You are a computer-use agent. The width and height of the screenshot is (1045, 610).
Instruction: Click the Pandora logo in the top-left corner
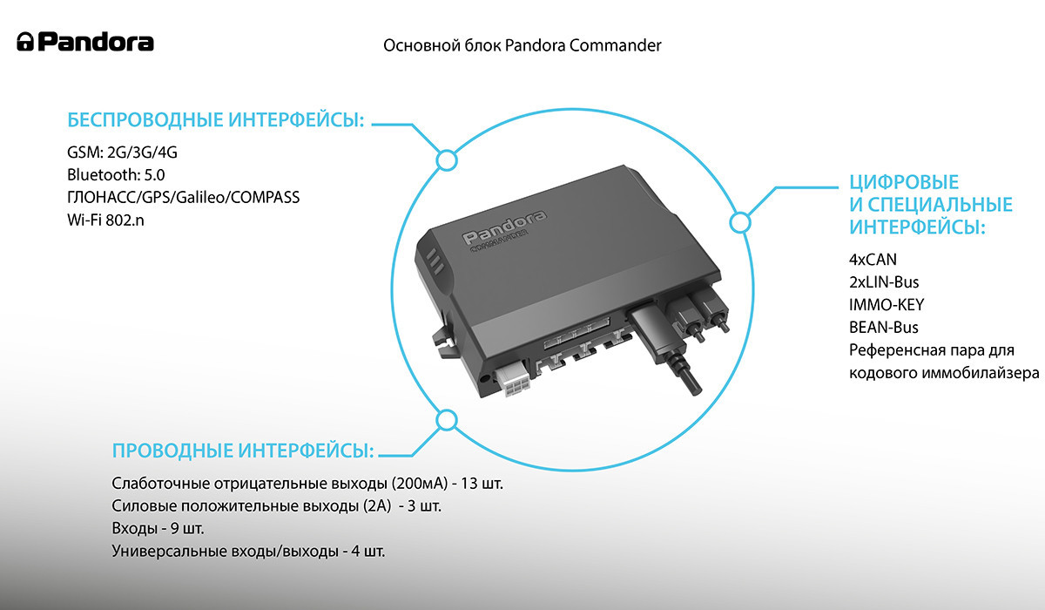click(x=85, y=42)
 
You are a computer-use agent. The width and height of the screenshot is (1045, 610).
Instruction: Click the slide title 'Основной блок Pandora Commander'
click(x=522, y=45)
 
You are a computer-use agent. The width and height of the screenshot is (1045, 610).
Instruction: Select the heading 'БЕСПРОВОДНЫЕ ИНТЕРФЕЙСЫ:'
click(x=215, y=120)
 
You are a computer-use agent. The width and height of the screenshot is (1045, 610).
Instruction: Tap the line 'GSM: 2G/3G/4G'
click(x=122, y=152)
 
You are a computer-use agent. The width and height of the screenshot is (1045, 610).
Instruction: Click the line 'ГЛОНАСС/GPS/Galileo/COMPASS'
click(x=183, y=198)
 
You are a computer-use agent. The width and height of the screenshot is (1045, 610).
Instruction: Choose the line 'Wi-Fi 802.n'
click(x=105, y=220)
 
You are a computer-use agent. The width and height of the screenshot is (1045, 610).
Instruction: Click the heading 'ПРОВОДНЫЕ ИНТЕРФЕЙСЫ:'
click(x=242, y=451)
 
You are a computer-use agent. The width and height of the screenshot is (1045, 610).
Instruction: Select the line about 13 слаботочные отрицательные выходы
click(x=307, y=484)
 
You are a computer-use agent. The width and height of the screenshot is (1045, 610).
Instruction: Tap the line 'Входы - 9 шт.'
click(x=158, y=529)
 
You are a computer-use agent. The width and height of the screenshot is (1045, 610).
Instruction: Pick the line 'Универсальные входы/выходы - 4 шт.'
click(x=248, y=552)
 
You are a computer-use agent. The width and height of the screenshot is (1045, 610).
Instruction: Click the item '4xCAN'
click(x=872, y=260)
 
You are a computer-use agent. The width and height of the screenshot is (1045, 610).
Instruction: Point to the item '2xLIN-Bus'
click(x=884, y=282)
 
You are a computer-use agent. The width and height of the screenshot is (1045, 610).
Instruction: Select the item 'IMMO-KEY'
click(x=886, y=305)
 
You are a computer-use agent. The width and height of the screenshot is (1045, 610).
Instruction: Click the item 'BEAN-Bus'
click(x=883, y=328)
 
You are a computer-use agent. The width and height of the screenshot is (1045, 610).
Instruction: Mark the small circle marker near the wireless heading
click(x=446, y=160)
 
